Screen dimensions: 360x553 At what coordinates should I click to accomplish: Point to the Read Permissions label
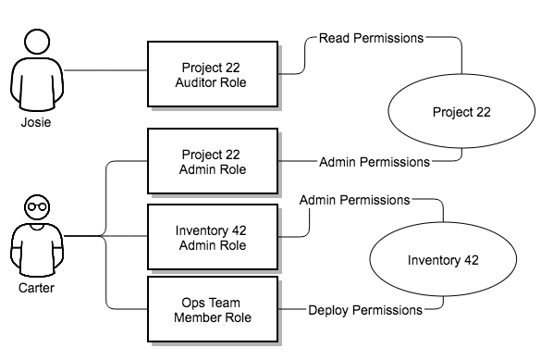pos(371,39)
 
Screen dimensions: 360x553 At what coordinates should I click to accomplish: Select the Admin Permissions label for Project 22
pos(374,162)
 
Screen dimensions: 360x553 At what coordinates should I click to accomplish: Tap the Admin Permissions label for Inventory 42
pos(354,199)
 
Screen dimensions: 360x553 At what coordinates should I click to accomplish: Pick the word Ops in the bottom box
pos(193,302)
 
